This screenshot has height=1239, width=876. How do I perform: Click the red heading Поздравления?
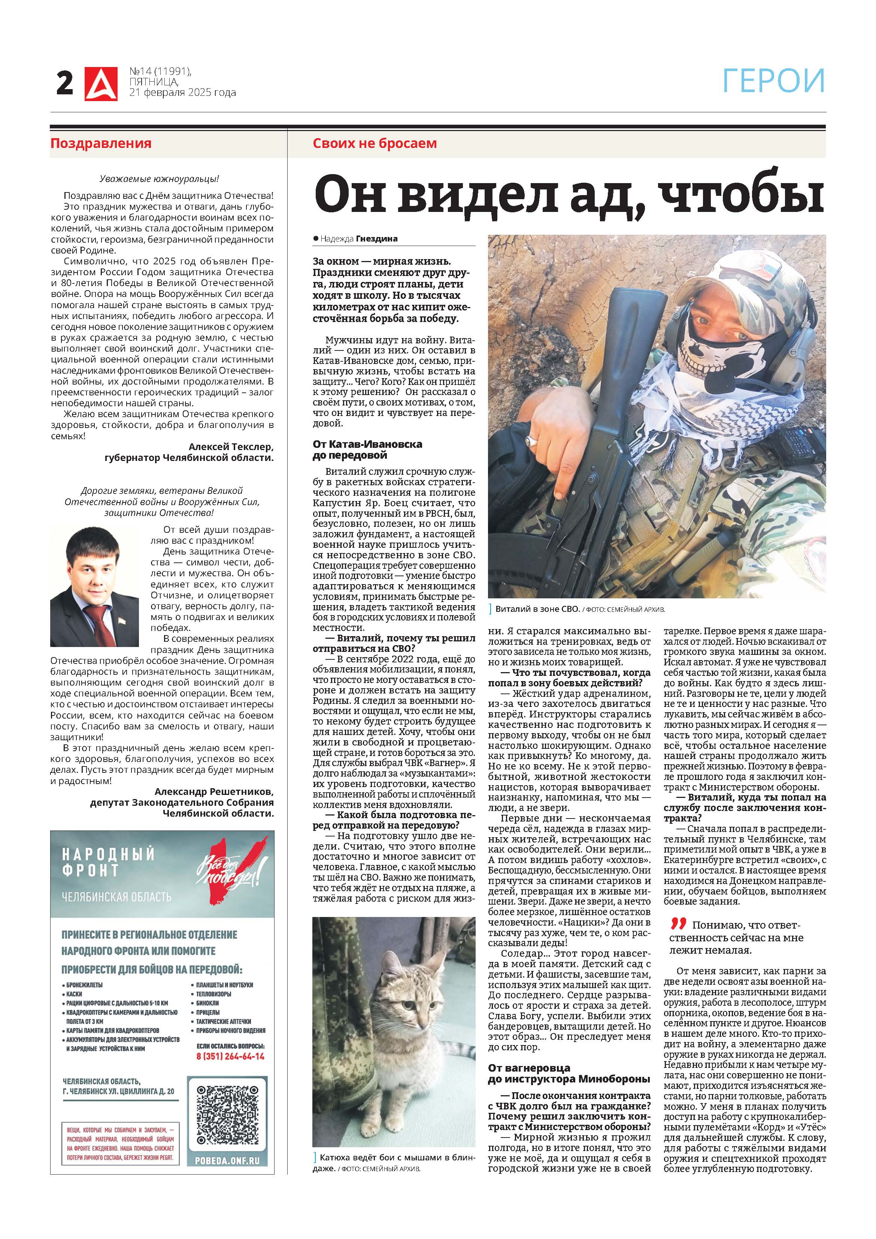(x=101, y=143)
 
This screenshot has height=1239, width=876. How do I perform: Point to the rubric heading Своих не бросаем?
(x=375, y=143)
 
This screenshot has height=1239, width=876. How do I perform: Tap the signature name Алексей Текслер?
(x=231, y=446)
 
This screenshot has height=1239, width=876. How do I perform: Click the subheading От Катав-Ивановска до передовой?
(x=367, y=450)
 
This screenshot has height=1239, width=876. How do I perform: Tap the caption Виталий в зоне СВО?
(x=537, y=609)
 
